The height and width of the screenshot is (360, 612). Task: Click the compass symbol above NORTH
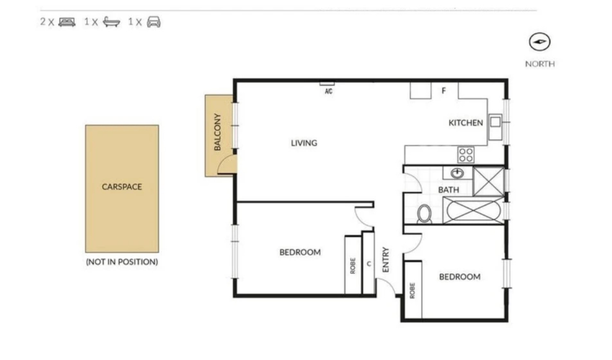pos(539,42)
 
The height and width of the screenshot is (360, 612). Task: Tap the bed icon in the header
pos(67,22)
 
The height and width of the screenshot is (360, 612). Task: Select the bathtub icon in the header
pos(112,22)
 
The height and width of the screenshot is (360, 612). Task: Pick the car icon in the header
pos(154,22)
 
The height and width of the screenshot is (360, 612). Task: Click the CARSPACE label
pos(122,186)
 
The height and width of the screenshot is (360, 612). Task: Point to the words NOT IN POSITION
pos(122,262)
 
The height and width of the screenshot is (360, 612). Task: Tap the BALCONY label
pos(217,132)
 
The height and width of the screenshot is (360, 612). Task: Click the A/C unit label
pos(329,91)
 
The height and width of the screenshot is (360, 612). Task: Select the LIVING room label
pos(304,143)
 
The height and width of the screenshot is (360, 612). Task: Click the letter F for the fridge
pos(443,90)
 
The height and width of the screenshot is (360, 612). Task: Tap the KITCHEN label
pos(466,123)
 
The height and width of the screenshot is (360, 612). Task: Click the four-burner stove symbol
pos(466,155)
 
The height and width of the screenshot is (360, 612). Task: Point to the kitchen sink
pos(495,127)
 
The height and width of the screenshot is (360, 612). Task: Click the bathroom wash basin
pos(457,172)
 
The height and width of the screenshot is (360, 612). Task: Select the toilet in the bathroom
pos(424,214)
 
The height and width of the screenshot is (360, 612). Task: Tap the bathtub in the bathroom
pos(473,210)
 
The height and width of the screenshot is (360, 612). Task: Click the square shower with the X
pos(488,182)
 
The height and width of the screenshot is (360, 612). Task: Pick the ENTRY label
pos(386,260)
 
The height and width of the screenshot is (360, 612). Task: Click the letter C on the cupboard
pos(369,264)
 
